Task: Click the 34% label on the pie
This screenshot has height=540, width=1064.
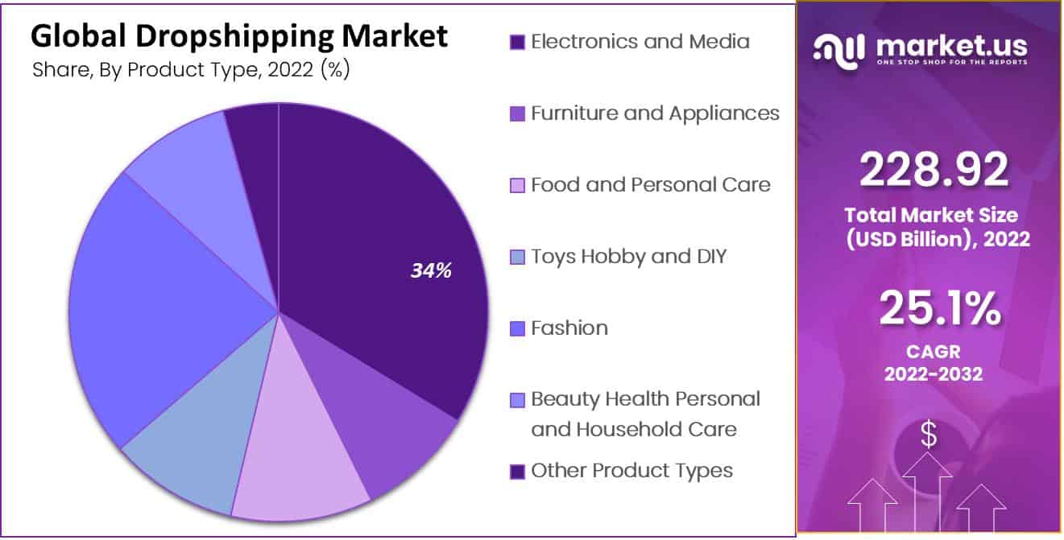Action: click(431, 271)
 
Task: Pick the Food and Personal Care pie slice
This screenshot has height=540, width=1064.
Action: click(298, 451)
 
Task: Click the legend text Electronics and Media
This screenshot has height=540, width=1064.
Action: click(640, 42)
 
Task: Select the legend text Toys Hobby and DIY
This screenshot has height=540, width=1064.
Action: click(628, 257)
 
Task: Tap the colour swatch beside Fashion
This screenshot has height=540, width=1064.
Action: click(517, 328)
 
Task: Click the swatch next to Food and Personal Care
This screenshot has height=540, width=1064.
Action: click(517, 185)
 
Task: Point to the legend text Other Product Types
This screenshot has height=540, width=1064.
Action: click(631, 471)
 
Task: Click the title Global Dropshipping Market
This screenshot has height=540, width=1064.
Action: click(238, 37)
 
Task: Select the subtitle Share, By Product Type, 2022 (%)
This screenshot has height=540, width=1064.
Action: click(190, 70)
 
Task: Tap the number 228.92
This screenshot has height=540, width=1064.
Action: click(934, 170)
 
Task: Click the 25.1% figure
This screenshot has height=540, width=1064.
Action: click(939, 308)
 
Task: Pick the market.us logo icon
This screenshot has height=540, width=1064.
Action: click(840, 50)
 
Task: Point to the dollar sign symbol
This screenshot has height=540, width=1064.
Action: click(929, 435)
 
